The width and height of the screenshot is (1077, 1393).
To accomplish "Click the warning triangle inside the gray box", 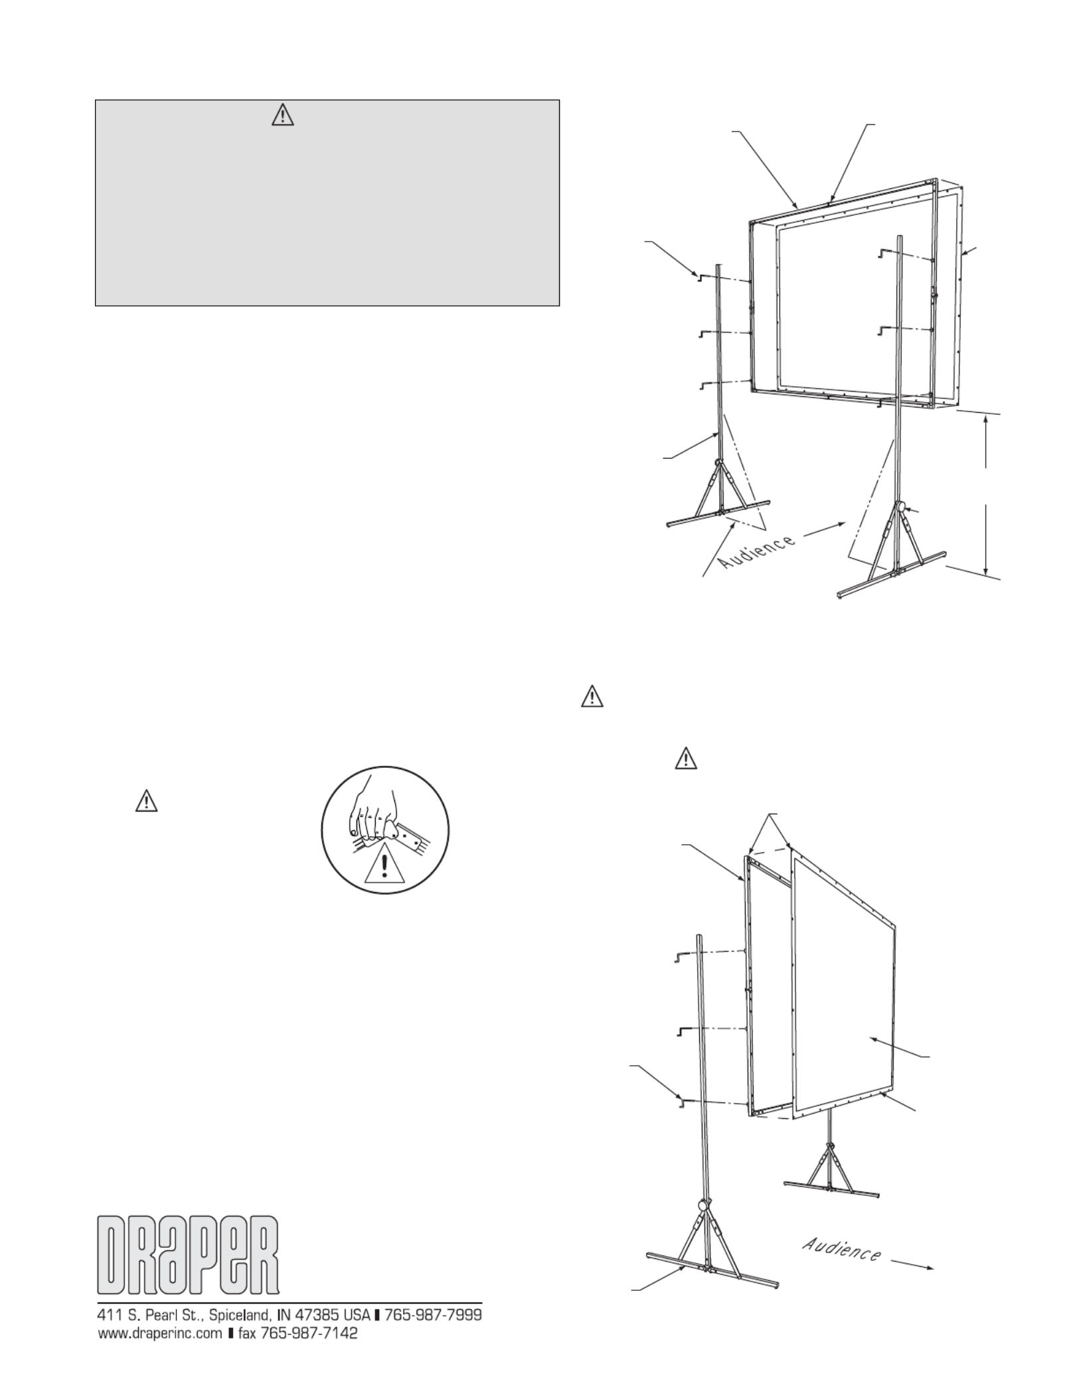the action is (x=283, y=117).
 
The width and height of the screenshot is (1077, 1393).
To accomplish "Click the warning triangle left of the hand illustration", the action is (x=145, y=801).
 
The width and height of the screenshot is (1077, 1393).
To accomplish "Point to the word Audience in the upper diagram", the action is (x=758, y=551).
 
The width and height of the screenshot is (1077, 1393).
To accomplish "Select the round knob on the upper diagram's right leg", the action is (x=902, y=507).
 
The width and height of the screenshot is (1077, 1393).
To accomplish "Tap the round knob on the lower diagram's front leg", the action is (x=704, y=1224).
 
